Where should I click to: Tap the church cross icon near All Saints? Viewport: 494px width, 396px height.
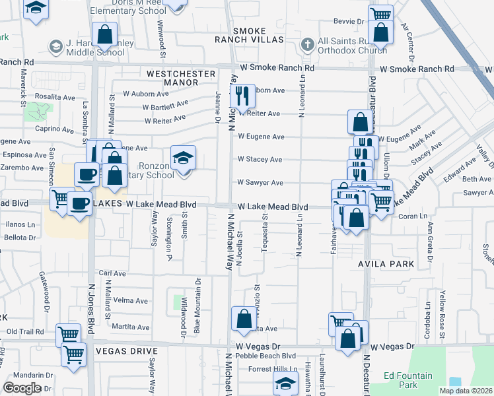point(306,45)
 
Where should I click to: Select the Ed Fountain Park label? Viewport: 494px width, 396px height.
point(409,380)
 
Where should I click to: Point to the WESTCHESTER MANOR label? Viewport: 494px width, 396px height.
point(181,78)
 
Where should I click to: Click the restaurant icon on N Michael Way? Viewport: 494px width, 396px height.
point(242,96)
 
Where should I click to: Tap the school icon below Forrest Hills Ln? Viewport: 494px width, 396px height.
point(285,383)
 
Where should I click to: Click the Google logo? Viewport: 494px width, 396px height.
point(22,388)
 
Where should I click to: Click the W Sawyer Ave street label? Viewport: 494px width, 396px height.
point(260,182)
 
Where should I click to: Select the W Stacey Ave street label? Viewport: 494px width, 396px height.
point(260,160)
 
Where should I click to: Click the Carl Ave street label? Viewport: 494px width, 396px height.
point(112,273)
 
